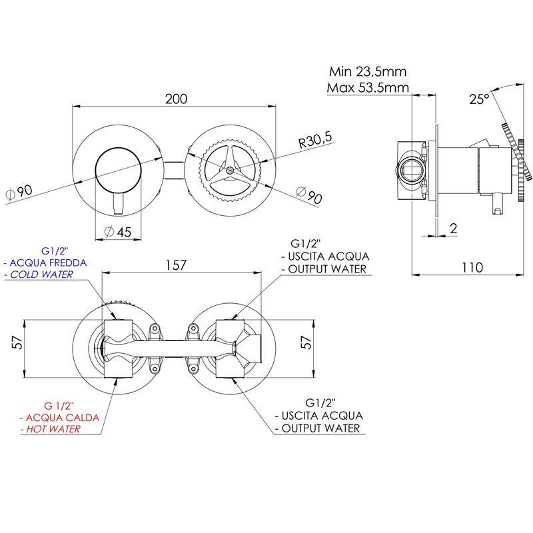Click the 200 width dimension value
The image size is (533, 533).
176,99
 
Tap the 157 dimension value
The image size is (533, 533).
176,265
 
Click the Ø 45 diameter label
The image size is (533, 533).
118,232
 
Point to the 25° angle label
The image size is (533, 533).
479,99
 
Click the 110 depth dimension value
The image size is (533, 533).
472,268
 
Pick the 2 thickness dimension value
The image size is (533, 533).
454,229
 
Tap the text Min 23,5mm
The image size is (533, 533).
368,71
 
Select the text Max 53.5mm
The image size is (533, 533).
368,88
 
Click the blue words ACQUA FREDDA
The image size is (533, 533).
48,263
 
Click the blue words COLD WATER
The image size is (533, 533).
41,274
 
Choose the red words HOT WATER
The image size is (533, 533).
53,429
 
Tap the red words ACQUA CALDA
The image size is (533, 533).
63,418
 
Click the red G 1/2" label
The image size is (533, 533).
59,406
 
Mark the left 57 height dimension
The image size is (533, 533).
17,342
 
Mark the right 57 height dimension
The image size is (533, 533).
306,342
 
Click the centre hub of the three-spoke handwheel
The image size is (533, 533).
230,170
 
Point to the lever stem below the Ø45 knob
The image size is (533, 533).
118,204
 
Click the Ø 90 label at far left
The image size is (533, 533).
19,193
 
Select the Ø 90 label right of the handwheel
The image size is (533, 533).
309,195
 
